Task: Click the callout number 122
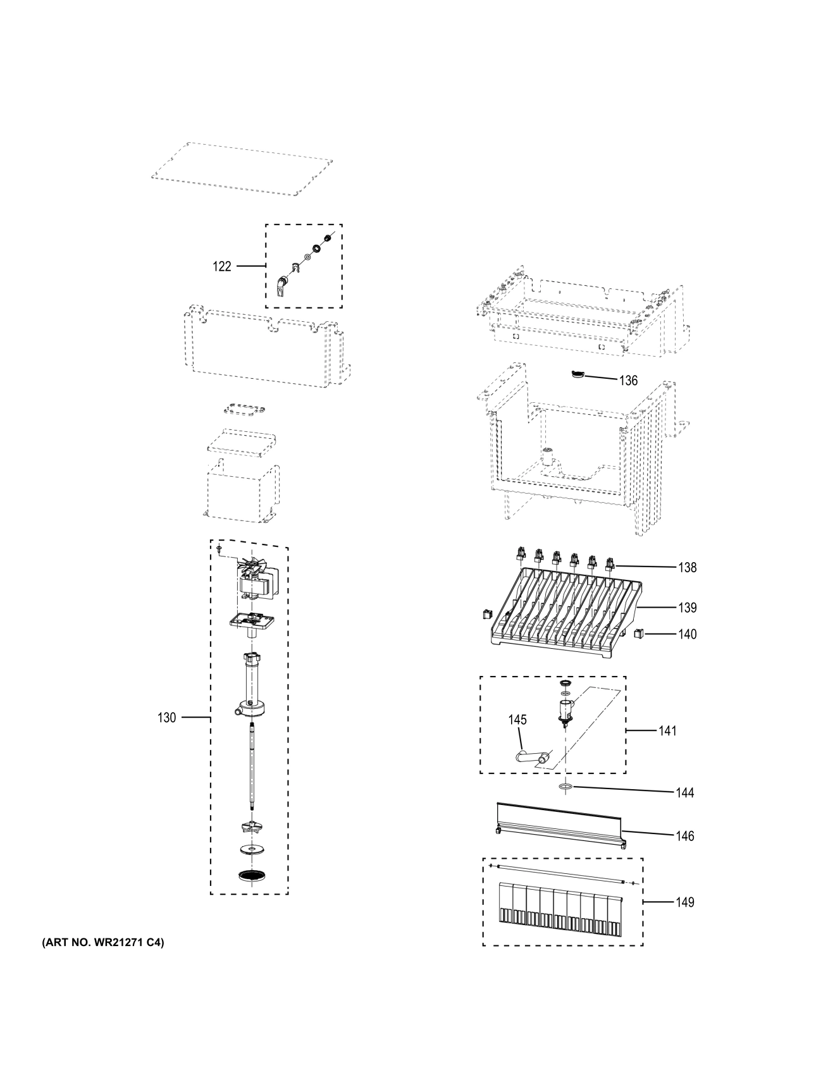(x=221, y=267)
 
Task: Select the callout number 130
(x=166, y=718)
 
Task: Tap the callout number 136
(x=628, y=381)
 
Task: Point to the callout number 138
(x=687, y=567)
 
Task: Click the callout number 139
(x=687, y=608)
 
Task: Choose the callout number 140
(x=687, y=634)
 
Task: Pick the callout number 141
(x=667, y=731)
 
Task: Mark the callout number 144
(x=684, y=793)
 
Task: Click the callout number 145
(x=517, y=720)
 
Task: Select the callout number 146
(x=684, y=836)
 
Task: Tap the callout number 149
(x=684, y=902)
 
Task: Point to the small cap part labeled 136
(x=577, y=376)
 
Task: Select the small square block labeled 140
(x=638, y=632)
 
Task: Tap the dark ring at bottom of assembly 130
(x=252, y=875)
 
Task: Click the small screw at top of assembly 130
(x=219, y=549)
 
